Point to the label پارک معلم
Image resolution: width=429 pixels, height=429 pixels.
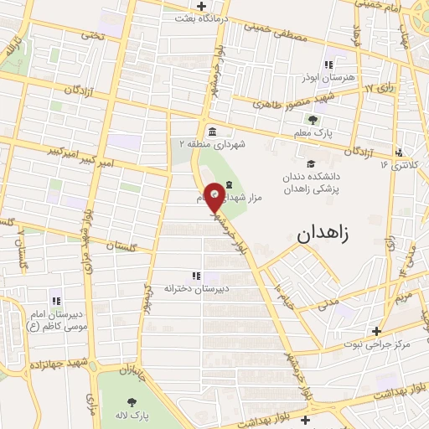coord(318,133)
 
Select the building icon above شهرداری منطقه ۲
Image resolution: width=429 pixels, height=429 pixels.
coord(211,132)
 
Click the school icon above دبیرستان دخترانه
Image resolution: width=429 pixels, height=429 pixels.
coord(196,275)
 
